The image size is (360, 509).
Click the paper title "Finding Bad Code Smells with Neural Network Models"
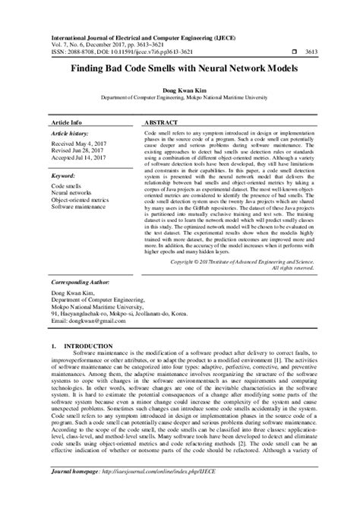[180, 68]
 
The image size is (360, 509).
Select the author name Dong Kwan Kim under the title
[180, 90]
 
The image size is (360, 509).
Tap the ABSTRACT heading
[160, 122]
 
